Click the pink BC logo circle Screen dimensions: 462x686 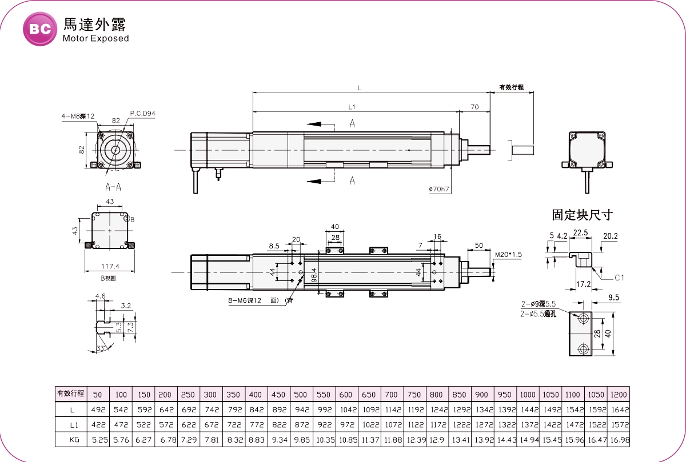tap(40, 29)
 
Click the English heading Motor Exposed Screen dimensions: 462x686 tap(95, 39)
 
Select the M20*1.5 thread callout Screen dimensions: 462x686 tap(509, 255)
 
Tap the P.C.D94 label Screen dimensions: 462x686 tap(143, 114)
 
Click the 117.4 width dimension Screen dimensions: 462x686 tap(110, 266)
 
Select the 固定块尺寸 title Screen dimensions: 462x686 tap(582, 215)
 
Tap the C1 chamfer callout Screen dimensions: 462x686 tap(620, 278)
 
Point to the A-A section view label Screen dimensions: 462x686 tap(113, 187)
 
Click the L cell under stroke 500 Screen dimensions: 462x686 tap(301, 409)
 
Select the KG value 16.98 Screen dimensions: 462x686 tap(619, 440)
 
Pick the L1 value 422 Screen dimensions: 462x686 tap(98, 425)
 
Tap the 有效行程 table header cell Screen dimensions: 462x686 tap(70, 393)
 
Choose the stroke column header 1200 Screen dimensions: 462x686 tap(619, 395)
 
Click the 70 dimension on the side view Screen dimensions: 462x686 tap(474, 107)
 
